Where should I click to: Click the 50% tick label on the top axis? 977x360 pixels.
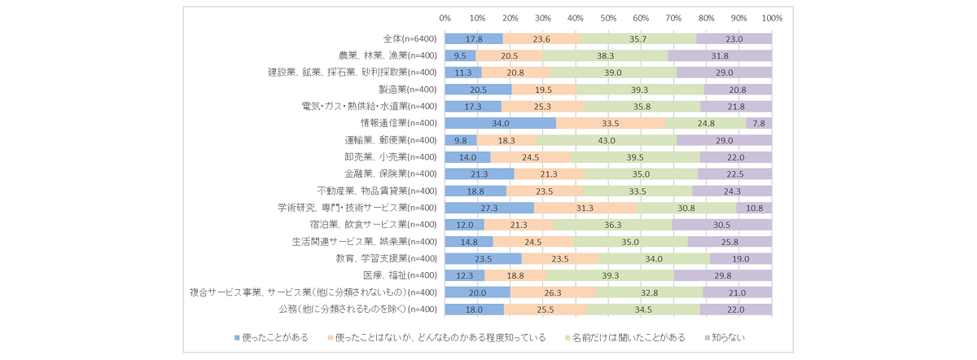point(608,18)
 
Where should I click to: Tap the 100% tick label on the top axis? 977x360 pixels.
point(772,18)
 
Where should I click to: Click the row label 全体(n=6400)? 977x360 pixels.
point(410,38)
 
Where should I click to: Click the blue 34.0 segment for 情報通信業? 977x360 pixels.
point(501,123)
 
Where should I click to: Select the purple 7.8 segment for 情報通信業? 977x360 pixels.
point(760,123)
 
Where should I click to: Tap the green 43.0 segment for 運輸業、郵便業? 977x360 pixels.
point(607,140)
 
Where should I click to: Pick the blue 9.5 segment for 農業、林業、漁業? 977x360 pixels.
point(460,55)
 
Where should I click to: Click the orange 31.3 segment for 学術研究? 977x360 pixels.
point(585,208)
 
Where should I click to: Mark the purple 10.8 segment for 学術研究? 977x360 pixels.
point(755,208)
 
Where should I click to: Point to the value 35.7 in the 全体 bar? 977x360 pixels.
point(638,38)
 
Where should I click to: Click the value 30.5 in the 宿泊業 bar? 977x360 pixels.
point(722,225)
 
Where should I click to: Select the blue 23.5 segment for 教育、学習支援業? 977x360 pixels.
point(483,258)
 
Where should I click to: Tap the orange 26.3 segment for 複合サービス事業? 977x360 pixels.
point(553,292)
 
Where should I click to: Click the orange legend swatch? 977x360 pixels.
point(330,337)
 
